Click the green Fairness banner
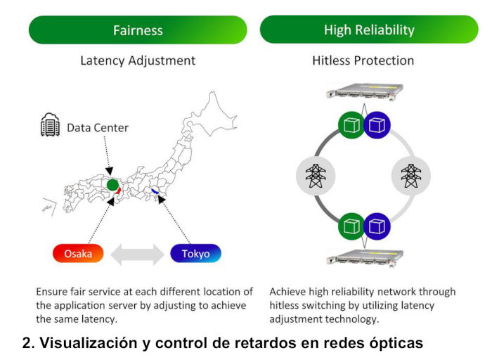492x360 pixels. coord(138,30)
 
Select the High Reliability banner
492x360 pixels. coord(368,30)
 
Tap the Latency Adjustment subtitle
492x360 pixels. coord(138,60)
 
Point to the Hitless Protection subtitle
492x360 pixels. coord(363,60)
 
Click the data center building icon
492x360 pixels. coord(50,127)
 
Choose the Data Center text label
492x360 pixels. coord(98,127)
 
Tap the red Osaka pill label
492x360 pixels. coord(78,253)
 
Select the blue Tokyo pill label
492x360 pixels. coord(195,253)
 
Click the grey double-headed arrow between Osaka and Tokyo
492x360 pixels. coord(137,253)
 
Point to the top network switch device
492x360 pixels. coord(363,94)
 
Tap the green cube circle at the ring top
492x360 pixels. coord(351,124)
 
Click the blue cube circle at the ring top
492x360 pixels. coord(377,124)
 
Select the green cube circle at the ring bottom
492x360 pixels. coord(351,227)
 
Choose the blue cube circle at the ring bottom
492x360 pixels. coord(377,227)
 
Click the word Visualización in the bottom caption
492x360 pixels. coord(80,343)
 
